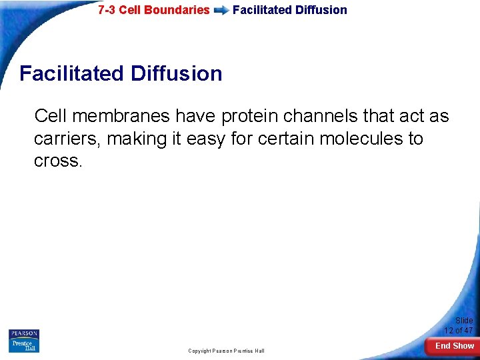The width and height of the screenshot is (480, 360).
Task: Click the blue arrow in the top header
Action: pos(221,11)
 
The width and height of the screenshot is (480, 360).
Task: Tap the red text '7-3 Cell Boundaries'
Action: pos(153,10)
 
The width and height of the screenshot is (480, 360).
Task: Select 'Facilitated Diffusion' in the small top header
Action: pos(289,10)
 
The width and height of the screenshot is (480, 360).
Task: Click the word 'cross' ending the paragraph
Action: pos(57,161)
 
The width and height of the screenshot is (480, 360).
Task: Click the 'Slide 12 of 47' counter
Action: pos(459,325)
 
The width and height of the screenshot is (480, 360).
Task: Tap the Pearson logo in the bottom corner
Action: pos(24,333)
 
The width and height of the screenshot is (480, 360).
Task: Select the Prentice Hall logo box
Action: pos(24,345)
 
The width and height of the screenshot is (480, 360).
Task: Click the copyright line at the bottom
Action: pos(226,351)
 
